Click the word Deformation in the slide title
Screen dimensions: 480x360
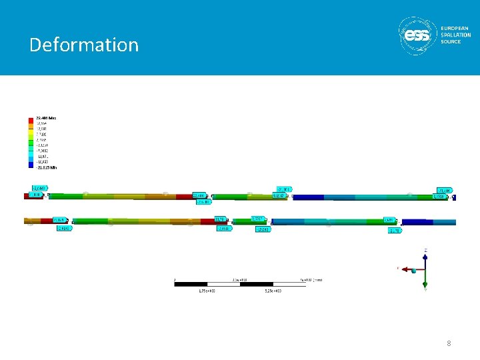tap(84, 45)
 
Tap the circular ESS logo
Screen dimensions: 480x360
tap(418, 35)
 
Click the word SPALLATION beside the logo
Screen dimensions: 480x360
tap(455, 35)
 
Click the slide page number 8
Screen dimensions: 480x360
tap(449, 343)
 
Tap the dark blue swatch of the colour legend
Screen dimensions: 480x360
tap(31, 163)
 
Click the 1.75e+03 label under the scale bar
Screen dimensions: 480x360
tap(209, 291)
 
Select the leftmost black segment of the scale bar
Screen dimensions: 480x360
tap(191, 285)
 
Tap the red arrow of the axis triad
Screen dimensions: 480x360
tap(404, 269)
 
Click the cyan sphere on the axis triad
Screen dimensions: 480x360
tap(414, 270)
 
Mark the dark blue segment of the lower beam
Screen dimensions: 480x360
tap(414, 222)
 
